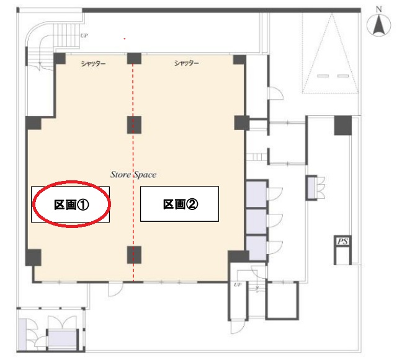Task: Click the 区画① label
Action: [71, 205]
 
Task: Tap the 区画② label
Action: [181, 204]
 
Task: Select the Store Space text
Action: [133, 175]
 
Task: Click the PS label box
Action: [342, 241]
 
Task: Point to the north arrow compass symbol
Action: [378, 25]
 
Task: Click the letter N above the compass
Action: [379, 9]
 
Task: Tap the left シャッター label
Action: [93, 63]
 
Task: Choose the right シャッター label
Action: [187, 63]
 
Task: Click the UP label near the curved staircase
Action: [84, 35]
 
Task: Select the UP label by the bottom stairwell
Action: [238, 284]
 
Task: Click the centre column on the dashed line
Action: [134, 125]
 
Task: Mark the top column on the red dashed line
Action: [134, 58]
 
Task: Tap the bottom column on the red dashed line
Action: [134, 255]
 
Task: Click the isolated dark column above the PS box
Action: [343, 125]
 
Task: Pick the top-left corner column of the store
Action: [60, 59]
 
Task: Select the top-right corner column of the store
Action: [239, 59]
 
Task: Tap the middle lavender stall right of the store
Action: [256, 221]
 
